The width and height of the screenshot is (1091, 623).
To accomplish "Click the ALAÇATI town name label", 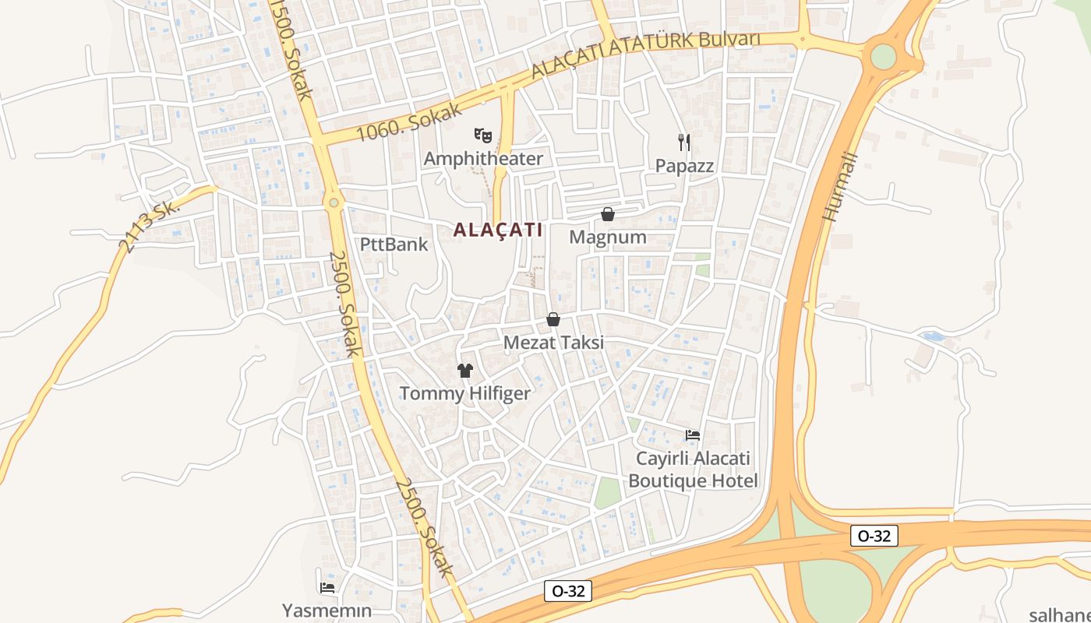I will [x=497, y=230].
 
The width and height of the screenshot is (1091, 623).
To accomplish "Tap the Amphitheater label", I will [x=483, y=159].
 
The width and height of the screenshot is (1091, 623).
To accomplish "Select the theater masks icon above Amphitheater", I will [x=483, y=136].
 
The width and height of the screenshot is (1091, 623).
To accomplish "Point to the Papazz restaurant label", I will [x=684, y=166].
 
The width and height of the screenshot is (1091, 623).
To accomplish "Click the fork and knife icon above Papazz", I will [x=684, y=142].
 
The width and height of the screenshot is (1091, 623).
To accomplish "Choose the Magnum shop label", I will [x=608, y=237].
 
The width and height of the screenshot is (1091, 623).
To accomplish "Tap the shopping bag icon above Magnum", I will [x=608, y=214].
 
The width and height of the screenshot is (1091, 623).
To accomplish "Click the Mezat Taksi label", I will [x=553, y=343].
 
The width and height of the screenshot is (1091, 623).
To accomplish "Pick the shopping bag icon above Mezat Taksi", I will [x=553, y=319].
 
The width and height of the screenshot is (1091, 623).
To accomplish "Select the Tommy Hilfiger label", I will [x=464, y=393].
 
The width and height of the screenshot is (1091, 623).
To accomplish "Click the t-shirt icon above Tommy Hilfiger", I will [x=465, y=370].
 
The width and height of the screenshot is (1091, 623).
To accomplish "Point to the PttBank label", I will [x=394, y=245].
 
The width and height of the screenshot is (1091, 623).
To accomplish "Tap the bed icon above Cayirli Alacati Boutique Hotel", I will [x=692, y=435].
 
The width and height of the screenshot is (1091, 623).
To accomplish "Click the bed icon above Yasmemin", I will [x=327, y=587].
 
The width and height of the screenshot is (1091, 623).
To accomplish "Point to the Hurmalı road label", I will [x=842, y=187].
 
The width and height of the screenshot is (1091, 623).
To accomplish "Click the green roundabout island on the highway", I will [x=884, y=56].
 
